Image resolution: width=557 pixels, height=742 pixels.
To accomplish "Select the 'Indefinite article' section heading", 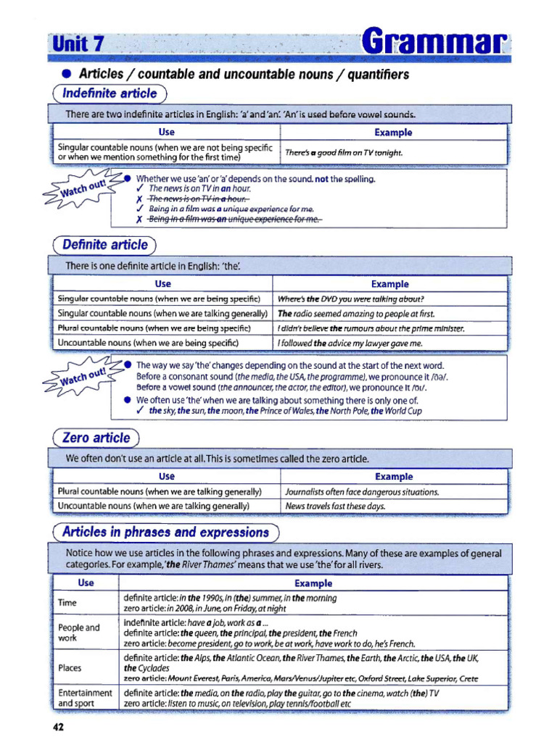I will (x=110, y=93).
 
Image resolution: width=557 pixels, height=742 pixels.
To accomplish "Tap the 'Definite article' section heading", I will (x=105, y=245).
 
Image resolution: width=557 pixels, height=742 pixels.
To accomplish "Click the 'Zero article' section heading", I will (x=96, y=438).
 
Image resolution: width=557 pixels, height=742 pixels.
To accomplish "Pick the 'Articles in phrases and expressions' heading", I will (x=165, y=533).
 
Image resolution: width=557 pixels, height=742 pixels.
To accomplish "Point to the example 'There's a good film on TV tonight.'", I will (x=344, y=153).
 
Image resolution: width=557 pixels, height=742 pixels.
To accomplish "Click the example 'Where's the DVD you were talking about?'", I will (x=351, y=299).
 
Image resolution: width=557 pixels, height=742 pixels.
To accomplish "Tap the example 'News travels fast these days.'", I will (x=335, y=507).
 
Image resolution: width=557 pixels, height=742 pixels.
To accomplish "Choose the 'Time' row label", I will (x=68, y=603).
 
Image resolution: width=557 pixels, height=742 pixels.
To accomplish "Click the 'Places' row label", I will (x=70, y=667).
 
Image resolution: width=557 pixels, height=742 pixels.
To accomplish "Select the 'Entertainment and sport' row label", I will (x=85, y=698).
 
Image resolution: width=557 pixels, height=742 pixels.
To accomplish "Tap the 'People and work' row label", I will (x=78, y=633).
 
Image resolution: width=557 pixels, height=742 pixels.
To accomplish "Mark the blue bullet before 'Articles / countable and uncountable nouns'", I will (x=66, y=75).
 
